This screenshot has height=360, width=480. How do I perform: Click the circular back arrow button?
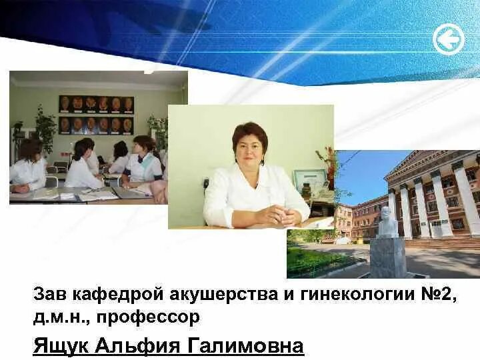click(x=448, y=39)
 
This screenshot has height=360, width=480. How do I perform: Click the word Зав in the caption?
click(x=49, y=294)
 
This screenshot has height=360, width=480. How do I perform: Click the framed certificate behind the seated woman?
click(x=311, y=179)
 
